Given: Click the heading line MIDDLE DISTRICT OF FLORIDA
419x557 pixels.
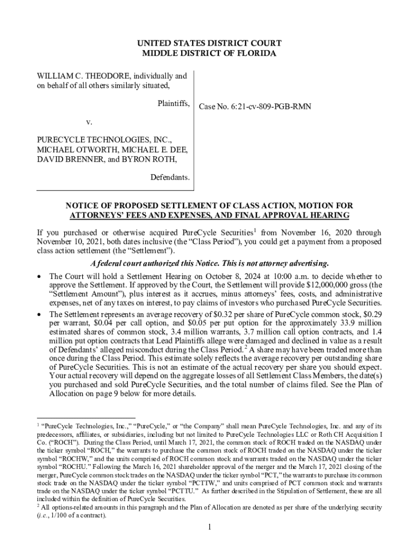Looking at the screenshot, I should [x=209, y=53].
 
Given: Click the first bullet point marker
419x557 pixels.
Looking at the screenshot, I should [x=40, y=277].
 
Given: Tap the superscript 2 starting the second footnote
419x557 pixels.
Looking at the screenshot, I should [x=39, y=505].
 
